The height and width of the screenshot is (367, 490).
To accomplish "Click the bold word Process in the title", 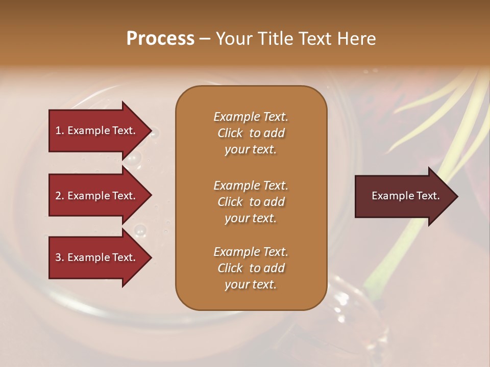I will pyautogui.click(x=160, y=39).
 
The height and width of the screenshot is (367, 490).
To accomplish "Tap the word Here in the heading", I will pyautogui.click(x=356, y=39).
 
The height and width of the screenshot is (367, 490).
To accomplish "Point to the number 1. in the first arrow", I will pyautogui.click(x=60, y=130).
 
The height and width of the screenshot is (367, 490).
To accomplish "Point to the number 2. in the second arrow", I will pyautogui.click(x=60, y=196).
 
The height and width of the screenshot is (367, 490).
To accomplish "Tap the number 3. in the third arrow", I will pyautogui.click(x=60, y=257).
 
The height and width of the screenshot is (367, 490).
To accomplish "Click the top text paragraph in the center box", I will pyautogui.click(x=251, y=133).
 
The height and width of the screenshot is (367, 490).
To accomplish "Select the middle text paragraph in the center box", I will pyautogui.click(x=251, y=202).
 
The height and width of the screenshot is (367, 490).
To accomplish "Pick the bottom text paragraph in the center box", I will pyautogui.click(x=251, y=268).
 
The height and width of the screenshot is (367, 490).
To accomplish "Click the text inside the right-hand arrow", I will pyautogui.click(x=406, y=196).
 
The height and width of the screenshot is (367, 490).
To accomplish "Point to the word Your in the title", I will pyautogui.click(x=234, y=39).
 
